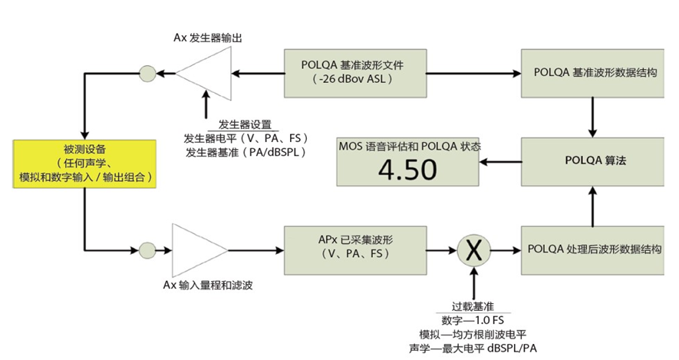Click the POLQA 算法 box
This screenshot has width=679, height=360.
coord(593,162)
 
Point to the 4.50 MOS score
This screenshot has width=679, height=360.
coord(408,170)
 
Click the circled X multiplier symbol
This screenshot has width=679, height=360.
coord(476,249)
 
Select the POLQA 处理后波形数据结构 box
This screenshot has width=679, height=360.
coord(593,249)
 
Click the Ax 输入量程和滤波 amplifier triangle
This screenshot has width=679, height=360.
coord(196,249)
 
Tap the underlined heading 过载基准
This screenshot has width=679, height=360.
coord(476,305)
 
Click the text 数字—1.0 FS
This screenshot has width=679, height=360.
coord(476,319)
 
